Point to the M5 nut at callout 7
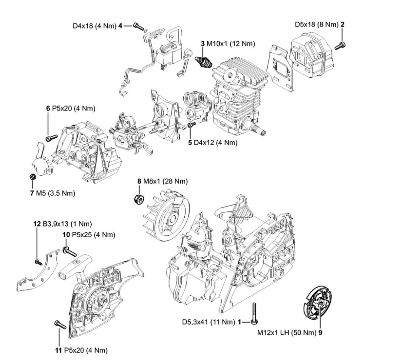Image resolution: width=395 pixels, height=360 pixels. point(33,177)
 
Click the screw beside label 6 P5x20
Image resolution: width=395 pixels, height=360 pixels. point(51,138)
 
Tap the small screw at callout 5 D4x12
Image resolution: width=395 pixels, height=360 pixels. point(193,125)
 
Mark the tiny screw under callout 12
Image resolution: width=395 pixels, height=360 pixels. point(39,261)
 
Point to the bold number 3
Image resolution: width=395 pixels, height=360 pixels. point(203,44)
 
